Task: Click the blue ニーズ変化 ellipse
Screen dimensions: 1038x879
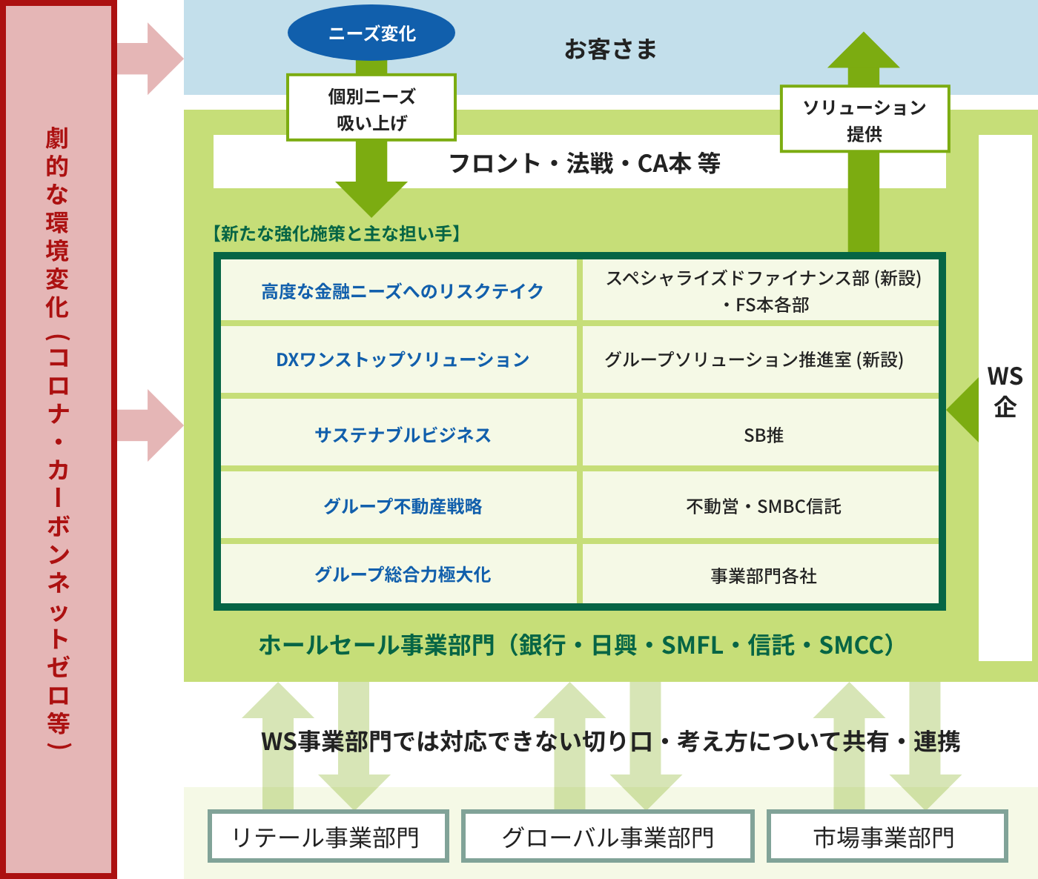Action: pyautogui.click(x=371, y=33)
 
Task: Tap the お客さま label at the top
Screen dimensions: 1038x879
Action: pyautogui.click(x=610, y=49)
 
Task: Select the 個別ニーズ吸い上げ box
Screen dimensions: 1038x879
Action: pyautogui.click(x=371, y=108)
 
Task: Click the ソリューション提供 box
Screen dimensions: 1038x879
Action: pyautogui.click(x=865, y=119)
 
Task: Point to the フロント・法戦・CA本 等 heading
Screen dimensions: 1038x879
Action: pyautogui.click(x=584, y=163)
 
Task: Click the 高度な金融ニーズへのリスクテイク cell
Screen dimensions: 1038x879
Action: pyautogui.click(x=399, y=290)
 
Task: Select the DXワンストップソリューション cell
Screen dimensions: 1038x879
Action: pyautogui.click(x=399, y=359)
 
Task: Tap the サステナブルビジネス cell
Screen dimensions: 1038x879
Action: pyautogui.click(x=399, y=432)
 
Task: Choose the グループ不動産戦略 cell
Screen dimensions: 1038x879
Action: pyautogui.click(x=399, y=505)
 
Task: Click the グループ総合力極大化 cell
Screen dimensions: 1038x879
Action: pyautogui.click(x=399, y=574)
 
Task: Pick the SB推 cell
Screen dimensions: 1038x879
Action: pyautogui.click(x=760, y=432)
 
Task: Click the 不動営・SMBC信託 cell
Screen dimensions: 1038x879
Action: pyautogui.click(x=760, y=505)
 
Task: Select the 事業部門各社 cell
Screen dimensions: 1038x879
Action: pyautogui.click(x=760, y=574)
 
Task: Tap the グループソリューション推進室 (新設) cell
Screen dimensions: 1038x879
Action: pyautogui.click(x=760, y=359)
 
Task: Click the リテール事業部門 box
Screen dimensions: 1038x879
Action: pyautogui.click(x=328, y=836)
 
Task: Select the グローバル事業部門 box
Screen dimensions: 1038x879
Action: pyautogui.click(x=608, y=836)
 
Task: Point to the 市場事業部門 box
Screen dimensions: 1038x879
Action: pyautogui.click(x=887, y=836)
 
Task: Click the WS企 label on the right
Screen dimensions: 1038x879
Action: pyautogui.click(x=1005, y=391)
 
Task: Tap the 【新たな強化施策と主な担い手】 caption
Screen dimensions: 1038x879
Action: pyautogui.click(x=336, y=233)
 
